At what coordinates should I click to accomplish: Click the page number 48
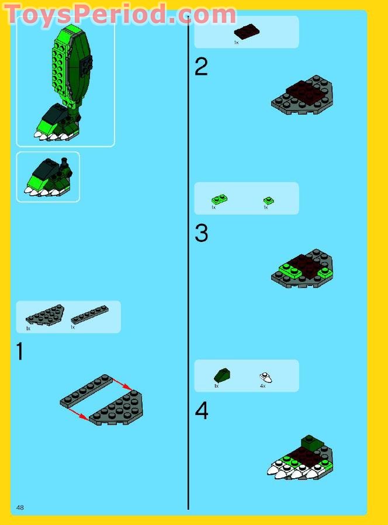pos(20,506)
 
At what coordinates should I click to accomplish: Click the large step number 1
pos(20,352)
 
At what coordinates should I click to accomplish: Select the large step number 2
pos(201,67)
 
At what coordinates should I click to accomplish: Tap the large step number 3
pos(201,233)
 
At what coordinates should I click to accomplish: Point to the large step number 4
pos(201,411)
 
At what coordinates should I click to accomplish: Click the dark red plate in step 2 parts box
pos(247,31)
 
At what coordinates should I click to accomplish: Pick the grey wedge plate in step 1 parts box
pos(44,315)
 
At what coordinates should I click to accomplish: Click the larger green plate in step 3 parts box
pos(219,199)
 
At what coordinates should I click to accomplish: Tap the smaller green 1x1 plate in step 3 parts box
pos(268,201)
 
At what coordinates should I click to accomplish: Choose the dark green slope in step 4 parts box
pos(222,374)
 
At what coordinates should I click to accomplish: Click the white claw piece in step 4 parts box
pos(266,378)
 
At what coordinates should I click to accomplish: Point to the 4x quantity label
pos(262,386)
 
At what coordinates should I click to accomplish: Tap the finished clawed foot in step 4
pos(300,460)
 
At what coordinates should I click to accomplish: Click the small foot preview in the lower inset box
pos(47,177)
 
